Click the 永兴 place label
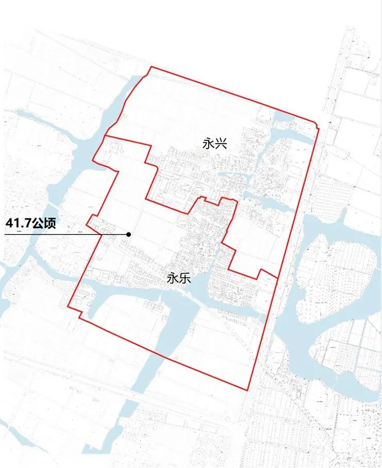tap(215, 144)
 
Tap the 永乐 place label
tap(179, 279)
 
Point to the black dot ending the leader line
tap(128, 235)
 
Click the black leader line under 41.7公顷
tap(62, 235)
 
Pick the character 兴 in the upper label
tap(221, 144)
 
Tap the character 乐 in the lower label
tap(185, 279)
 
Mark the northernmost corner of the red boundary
tap(151, 67)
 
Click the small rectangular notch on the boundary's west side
tap(93, 222)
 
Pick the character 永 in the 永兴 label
tap(209, 144)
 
